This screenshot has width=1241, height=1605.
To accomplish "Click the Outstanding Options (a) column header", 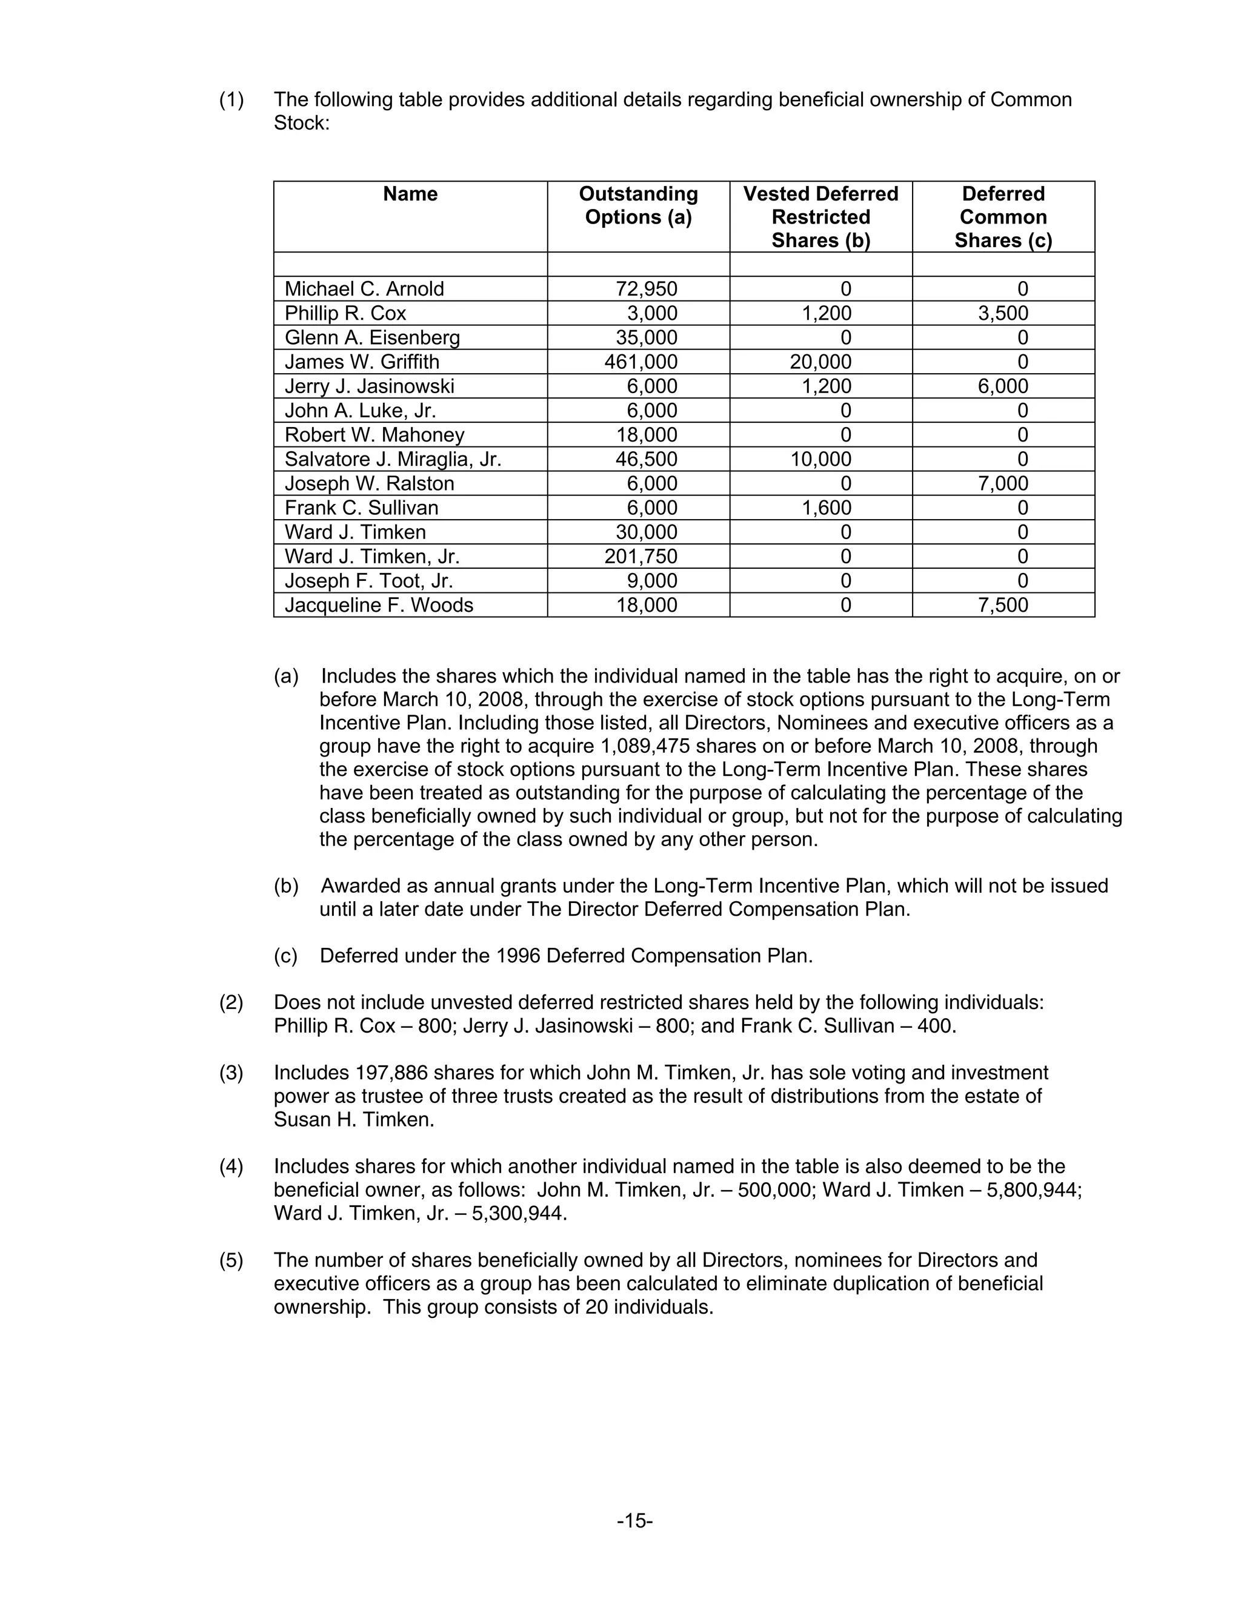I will tap(638, 205).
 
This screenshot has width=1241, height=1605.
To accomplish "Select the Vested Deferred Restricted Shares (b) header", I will tap(820, 217).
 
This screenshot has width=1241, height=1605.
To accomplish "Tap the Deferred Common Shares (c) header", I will tap(1003, 217).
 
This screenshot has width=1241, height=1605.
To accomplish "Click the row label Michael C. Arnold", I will tap(364, 289).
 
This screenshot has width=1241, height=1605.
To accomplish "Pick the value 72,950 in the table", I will tap(646, 289).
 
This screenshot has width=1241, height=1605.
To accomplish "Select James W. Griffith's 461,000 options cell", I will tap(640, 362).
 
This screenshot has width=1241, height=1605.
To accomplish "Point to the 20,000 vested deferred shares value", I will tap(820, 362).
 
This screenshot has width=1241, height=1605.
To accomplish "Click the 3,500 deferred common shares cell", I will tap(1003, 313).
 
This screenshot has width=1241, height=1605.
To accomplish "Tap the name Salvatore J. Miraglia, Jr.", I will tap(393, 459).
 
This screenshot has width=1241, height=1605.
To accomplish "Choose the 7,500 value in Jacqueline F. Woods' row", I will tap(1003, 605).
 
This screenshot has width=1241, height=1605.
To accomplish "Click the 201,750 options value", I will tap(640, 557).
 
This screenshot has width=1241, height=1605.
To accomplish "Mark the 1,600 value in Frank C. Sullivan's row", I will tap(827, 508).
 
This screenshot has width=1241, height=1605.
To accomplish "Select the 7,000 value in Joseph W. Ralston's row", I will tap(1003, 483).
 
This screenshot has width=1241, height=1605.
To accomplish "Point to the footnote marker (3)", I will tap(231, 1073).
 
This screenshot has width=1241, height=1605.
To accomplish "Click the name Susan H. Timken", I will tap(354, 1120).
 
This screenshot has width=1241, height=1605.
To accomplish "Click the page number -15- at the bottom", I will tap(635, 1520).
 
